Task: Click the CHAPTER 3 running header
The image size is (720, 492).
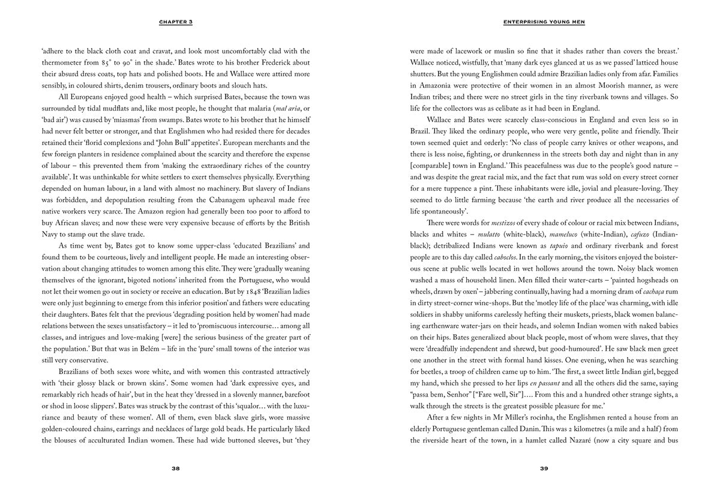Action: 175,22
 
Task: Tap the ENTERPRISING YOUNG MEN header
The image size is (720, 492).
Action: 544,22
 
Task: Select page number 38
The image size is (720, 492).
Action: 175,469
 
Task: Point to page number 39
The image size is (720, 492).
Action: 544,469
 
